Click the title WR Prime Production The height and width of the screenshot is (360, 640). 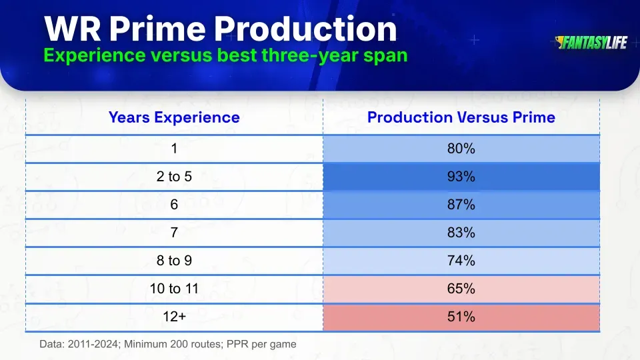[x=220, y=29]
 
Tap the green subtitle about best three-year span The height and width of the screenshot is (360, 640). [x=225, y=55]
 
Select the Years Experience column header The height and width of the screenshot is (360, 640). [x=174, y=117]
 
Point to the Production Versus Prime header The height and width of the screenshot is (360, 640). [x=461, y=117]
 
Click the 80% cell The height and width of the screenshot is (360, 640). [x=461, y=149]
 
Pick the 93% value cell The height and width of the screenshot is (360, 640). [x=461, y=177]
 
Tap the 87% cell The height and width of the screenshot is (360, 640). [x=461, y=205]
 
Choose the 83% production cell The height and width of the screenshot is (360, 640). [x=461, y=233]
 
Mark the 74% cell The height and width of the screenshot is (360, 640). [x=461, y=261]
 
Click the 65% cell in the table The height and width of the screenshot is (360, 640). [x=461, y=289]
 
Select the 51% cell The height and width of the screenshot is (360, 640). [x=461, y=317]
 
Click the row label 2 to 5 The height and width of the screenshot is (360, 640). [x=174, y=177]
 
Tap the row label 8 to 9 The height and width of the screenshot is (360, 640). [x=174, y=261]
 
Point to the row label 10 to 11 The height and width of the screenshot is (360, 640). [x=174, y=289]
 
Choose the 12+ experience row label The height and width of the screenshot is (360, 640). [x=174, y=317]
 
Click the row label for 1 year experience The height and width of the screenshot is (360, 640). [x=174, y=149]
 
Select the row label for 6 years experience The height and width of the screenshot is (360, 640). [x=174, y=205]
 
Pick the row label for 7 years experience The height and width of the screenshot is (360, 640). [x=174, y=233]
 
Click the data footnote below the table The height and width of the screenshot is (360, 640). [x=167, y=344]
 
